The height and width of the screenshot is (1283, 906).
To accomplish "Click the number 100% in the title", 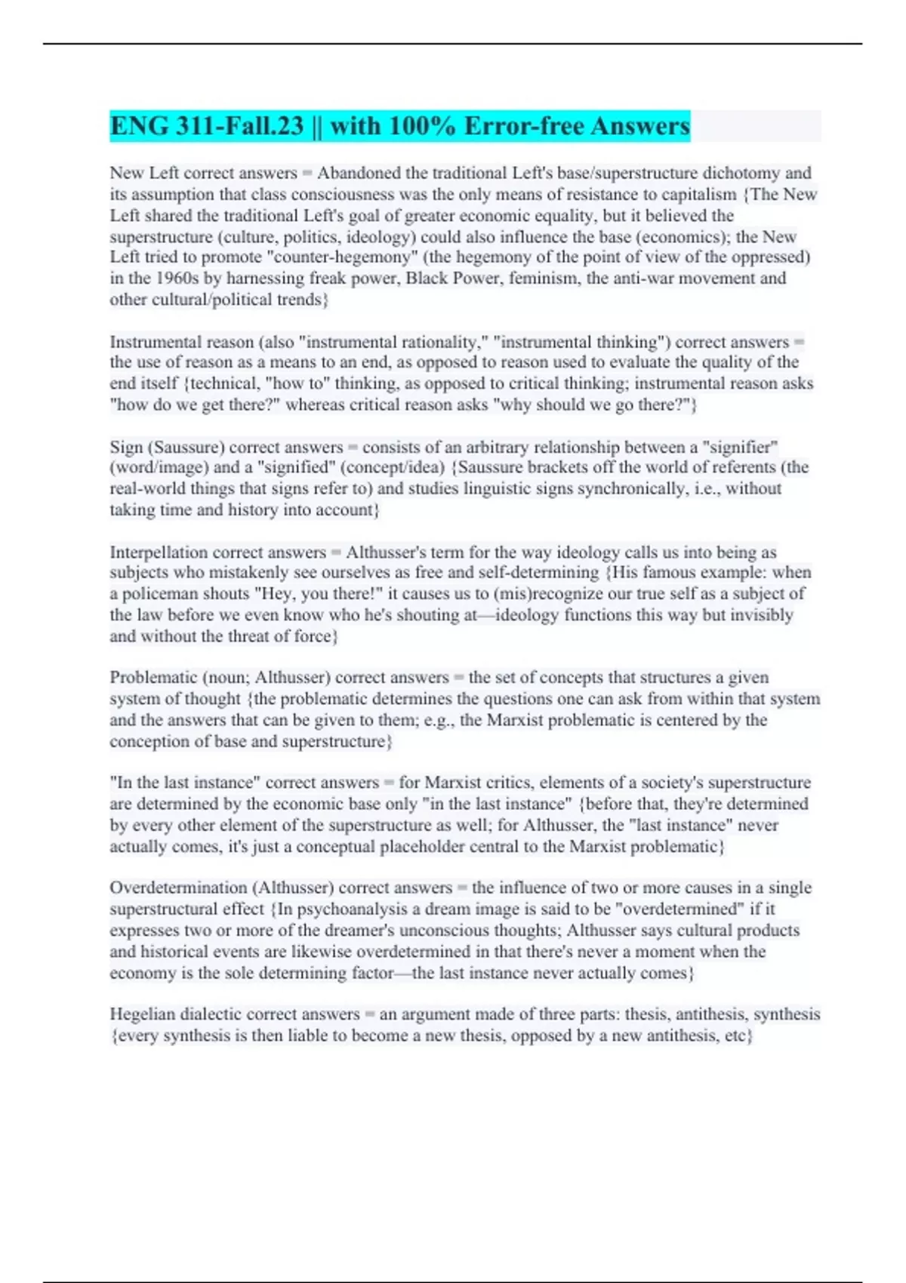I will (x=421, y=126).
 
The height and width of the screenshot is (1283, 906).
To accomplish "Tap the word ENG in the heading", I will (x=140, y=126).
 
